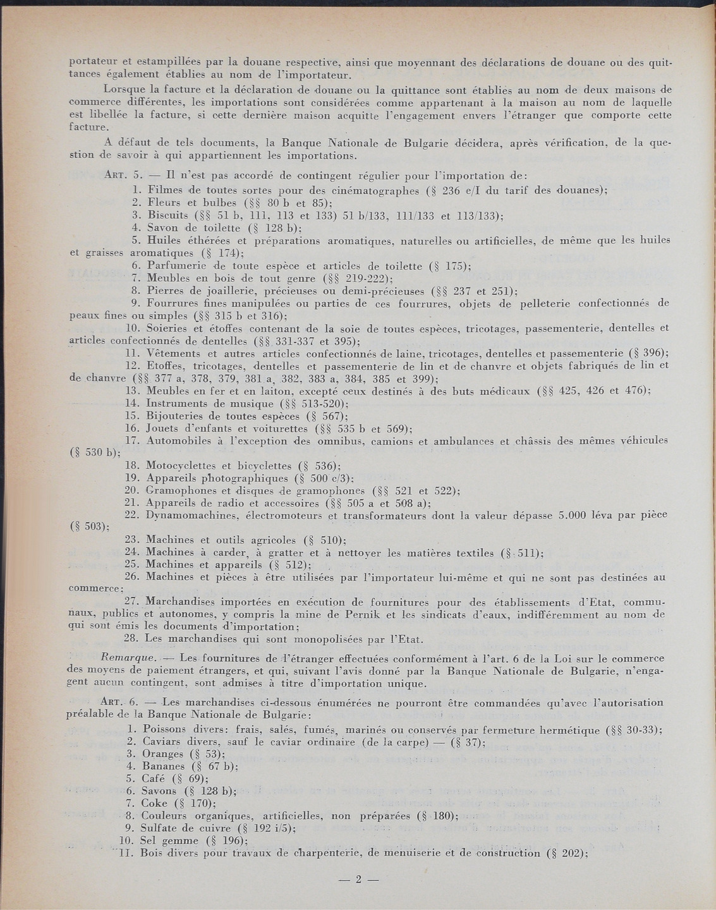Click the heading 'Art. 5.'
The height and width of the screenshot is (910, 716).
(x=117, y=176)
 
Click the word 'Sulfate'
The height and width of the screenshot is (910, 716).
(x=164, y=828)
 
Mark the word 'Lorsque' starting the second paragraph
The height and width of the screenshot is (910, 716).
(x=127, y=90)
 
